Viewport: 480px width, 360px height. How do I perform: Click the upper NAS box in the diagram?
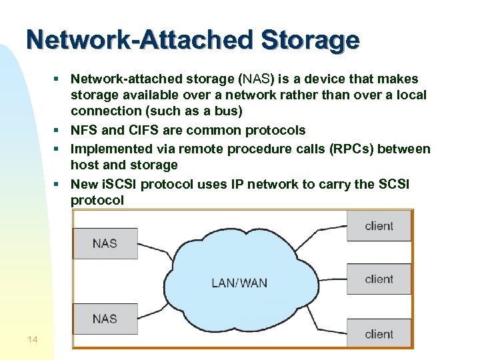pyautogui.click(x=105, y=243)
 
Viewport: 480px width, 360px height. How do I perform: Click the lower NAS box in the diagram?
pyautogui.click(x=105, y=319)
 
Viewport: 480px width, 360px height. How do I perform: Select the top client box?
pyautogui.click(x=379, y=226)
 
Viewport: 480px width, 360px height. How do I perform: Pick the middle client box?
pyautogui.click(x=379, y=279)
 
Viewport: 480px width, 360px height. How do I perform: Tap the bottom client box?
pyautogui.click(x=379, y=333)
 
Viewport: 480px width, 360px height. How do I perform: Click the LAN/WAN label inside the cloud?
pyautogui.click(x=239, y=283)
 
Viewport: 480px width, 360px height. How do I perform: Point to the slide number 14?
pyautogui.click(x=33, y=340)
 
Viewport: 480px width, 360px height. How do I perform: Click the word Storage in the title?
pyautogui.click(x=310, y=40)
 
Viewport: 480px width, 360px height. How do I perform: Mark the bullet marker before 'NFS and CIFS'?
pyautogui.click(x=58, y=130)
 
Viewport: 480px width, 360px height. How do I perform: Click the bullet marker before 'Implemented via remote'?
pyautogui.click(x=58, y=148)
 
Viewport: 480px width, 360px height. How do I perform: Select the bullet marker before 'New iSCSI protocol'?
pyautogui.click(x=58, y=183)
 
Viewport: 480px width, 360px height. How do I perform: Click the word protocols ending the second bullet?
pyautogui.click(x=275, y=130)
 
